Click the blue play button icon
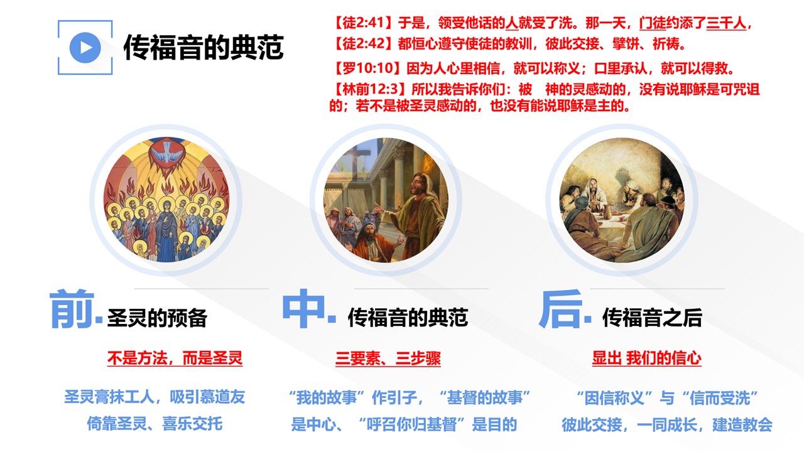85,48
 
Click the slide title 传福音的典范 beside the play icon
204,47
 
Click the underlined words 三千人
726,24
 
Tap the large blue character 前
72,309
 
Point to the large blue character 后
561,309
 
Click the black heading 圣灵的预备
157,318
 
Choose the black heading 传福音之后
652,318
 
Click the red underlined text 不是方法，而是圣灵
175,358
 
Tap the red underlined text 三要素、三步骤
388,358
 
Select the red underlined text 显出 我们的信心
647,358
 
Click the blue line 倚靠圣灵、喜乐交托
155,424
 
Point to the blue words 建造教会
742,425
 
